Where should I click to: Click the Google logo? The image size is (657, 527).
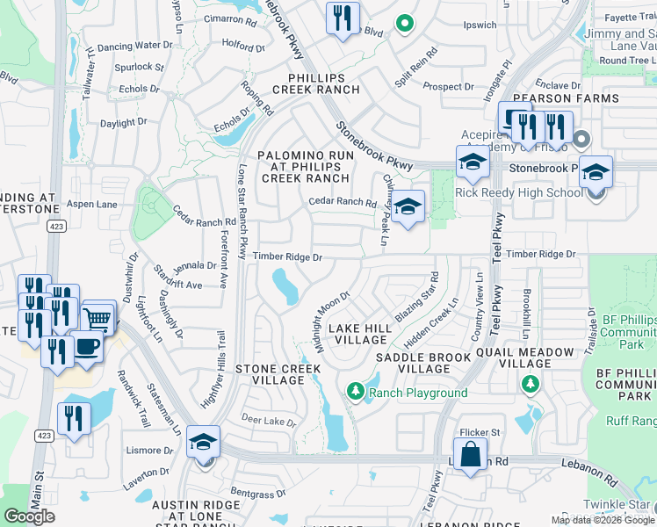coord(29,516)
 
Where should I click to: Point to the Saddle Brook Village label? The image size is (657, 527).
coord(424,364)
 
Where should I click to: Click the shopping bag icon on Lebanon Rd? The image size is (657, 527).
coord(471,456)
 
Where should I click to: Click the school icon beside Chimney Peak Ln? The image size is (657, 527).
coord(408,207)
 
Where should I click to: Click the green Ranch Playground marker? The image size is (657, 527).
coord(356,392)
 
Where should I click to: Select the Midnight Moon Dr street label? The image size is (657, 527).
coord(333,321)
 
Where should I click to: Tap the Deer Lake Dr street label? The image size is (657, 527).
coord(269,422)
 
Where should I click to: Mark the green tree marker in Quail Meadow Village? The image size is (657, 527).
coord(530,384)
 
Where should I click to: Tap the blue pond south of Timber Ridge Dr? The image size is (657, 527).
coord(285,286)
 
